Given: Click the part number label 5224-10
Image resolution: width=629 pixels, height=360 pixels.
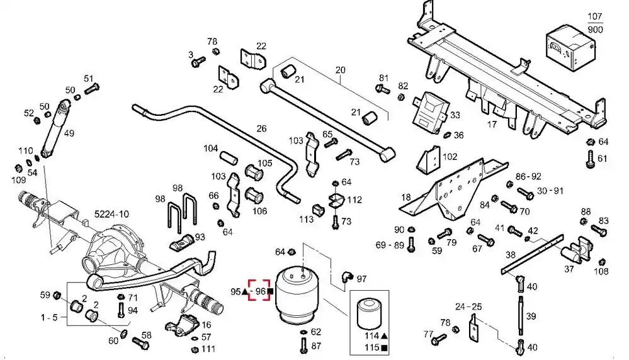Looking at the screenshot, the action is point(111,214).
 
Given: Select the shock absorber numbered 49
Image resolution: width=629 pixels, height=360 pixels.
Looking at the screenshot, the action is point(55,128).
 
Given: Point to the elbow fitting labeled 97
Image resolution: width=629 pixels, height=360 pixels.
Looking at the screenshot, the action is point(346,278).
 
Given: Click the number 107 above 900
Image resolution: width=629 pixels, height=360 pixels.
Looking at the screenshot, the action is point(595,16).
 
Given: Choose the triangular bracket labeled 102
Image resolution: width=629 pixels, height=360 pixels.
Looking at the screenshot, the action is point(429,159).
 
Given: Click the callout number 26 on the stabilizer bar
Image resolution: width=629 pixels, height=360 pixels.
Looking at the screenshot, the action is point(261,128).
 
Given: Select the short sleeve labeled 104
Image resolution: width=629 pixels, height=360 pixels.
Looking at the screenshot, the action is point(228,157).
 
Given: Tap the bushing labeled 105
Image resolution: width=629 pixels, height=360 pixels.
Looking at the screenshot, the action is point(254,172).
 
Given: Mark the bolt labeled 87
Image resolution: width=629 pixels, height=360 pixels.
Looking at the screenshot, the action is point(303,346).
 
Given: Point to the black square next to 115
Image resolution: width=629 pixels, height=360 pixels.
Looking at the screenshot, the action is point(384,348).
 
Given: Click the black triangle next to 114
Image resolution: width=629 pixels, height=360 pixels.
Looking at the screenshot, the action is point(384,336).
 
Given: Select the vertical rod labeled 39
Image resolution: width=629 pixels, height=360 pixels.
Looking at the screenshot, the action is point(519,315).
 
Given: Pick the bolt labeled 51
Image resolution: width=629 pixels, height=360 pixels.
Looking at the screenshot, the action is point(92,88).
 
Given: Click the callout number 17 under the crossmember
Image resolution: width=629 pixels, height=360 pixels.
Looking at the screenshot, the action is point(492,124).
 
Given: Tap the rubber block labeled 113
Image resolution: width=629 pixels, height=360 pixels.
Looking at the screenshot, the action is point(318,210).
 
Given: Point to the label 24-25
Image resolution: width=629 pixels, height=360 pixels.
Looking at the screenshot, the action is point(468,307).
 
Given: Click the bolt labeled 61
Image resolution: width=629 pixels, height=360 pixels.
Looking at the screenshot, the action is point(590,159).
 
